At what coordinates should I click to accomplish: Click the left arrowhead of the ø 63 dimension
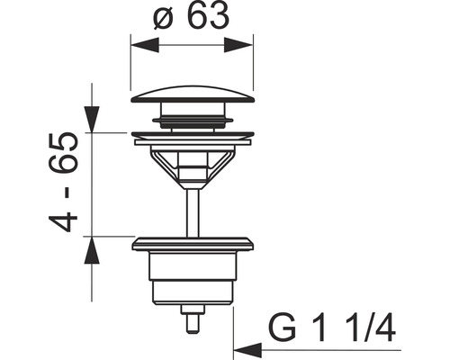138,42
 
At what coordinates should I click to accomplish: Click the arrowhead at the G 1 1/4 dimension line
240,347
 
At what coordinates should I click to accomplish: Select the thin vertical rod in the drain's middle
192,207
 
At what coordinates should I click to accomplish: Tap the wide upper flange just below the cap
192,137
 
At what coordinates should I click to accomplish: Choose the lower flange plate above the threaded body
192,243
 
